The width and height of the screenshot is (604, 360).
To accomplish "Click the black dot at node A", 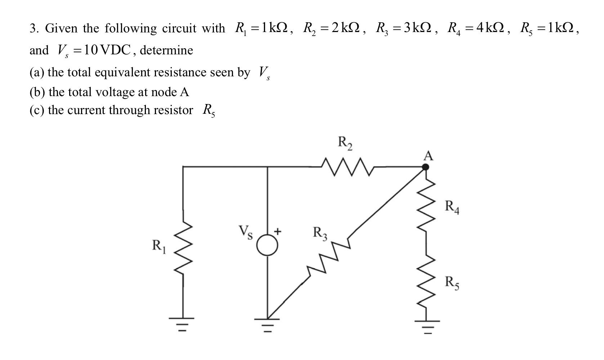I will (x=425, y=167).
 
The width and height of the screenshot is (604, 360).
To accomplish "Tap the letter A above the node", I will (x=428, y=156).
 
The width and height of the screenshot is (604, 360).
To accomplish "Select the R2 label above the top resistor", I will (x=345, y=143).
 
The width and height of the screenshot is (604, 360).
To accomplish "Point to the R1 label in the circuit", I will (x=159, y=246).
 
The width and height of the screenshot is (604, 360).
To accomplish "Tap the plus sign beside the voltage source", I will (x=278, y=231).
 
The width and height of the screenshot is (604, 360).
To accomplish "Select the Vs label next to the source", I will (x=246, y=232).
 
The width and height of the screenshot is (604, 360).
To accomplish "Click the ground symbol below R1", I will (x=183, y=324).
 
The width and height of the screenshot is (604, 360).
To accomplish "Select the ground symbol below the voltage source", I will (x=267, y=325).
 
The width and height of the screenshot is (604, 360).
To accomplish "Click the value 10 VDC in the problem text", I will (x=108, y=50).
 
